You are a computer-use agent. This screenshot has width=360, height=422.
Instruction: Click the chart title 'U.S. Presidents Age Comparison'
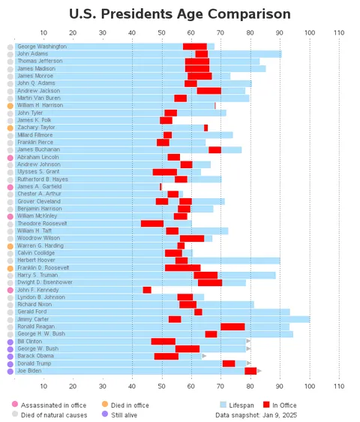[180, 14]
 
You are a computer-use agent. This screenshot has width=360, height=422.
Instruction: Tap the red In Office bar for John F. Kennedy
[147, 290]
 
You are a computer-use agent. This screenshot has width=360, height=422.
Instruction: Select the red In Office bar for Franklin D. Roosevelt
[182, 267]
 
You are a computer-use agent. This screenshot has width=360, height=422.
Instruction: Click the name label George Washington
[42, 47]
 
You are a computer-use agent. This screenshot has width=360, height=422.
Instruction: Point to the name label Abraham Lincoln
[38, 157]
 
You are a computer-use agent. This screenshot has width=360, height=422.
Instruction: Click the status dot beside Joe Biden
[10, 371]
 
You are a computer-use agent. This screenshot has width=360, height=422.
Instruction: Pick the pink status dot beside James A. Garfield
[10, 187]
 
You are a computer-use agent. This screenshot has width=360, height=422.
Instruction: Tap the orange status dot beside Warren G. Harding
[10, 246]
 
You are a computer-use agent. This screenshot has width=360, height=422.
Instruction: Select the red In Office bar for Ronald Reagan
[232, 327]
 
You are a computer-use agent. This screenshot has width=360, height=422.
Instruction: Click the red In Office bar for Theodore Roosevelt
[152, 224]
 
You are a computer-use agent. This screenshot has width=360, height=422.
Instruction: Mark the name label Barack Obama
[35, 356]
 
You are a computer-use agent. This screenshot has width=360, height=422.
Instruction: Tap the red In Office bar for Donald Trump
[229, 363]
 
